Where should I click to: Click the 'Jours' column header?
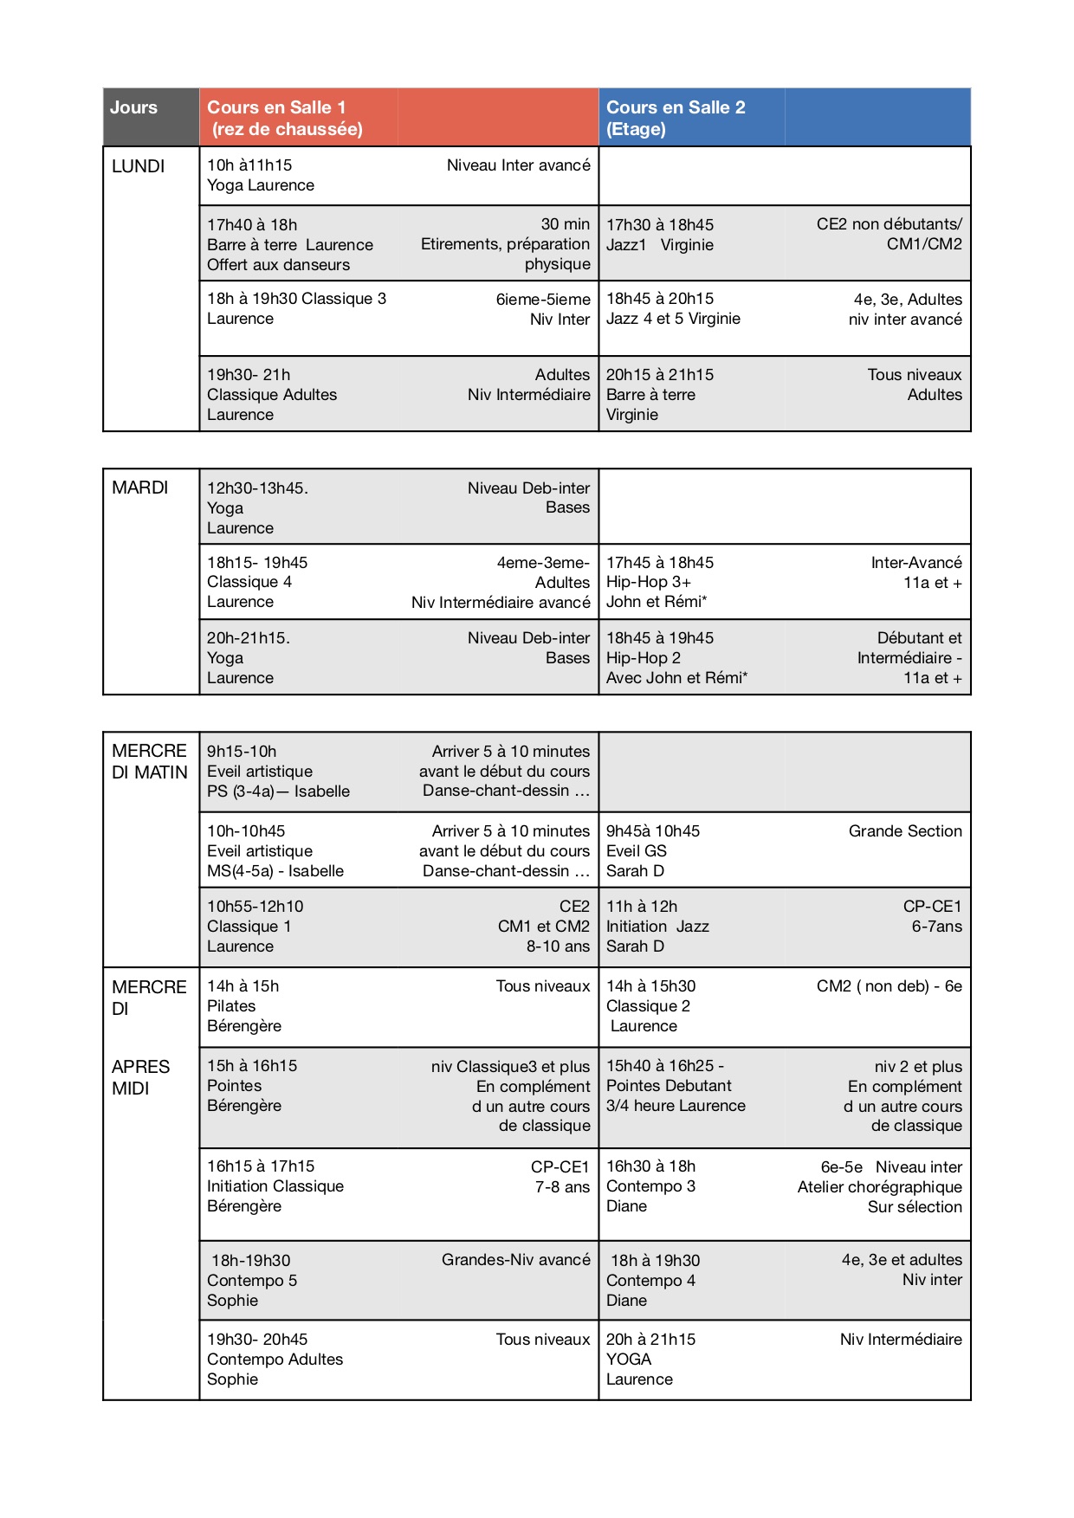[133, 108]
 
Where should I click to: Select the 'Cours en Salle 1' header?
[276, 108]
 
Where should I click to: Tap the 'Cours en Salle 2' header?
[676, 108]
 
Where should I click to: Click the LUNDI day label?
[138, 166]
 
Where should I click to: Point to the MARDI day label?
[139, 488]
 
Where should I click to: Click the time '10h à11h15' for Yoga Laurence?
[249, 165]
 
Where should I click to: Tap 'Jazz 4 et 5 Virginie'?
[673, 319]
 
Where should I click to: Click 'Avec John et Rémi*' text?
[676, 678]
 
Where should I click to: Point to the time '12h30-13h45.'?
[257, 488]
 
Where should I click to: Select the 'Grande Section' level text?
[905, 831]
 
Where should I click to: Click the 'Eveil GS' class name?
[637, 851]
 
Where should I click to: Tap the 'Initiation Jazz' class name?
[657, 927]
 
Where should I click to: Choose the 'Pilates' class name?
[231, 1006]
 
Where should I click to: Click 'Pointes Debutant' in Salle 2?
[669, 1086]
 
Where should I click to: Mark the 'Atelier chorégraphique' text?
[879, 1187]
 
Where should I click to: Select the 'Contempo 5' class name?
[252, 1281]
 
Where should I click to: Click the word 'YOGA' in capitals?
[629, 1360]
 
